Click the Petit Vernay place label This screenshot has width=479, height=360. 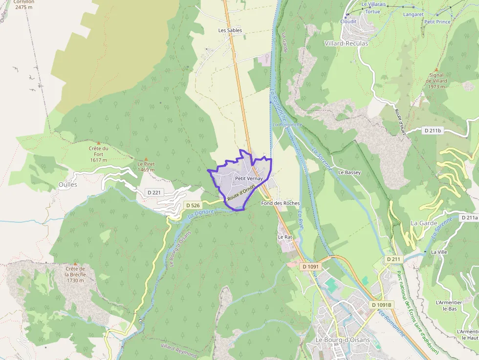pos(249,179)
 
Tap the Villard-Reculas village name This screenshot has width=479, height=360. pos(347,43)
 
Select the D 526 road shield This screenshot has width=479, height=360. pos(193,206)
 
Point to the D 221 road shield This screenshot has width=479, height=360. pos(153,192)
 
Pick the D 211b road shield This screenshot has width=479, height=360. pos(432,130)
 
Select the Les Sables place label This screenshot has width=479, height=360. pos(230,30)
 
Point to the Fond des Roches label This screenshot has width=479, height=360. pos(280,203)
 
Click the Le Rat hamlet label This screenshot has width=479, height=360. pos(284,237)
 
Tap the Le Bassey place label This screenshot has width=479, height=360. pos(349,172)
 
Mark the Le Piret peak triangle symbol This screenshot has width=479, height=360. pos(146,159)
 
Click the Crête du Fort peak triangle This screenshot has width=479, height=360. pos(99,142)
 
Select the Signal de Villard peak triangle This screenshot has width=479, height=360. pos(436,69)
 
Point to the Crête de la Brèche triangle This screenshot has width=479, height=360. pos(75,263)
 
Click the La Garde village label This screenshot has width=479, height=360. pos(424,223)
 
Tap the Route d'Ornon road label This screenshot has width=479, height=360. pos(241,192)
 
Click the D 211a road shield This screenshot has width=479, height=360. pos(469,218)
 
